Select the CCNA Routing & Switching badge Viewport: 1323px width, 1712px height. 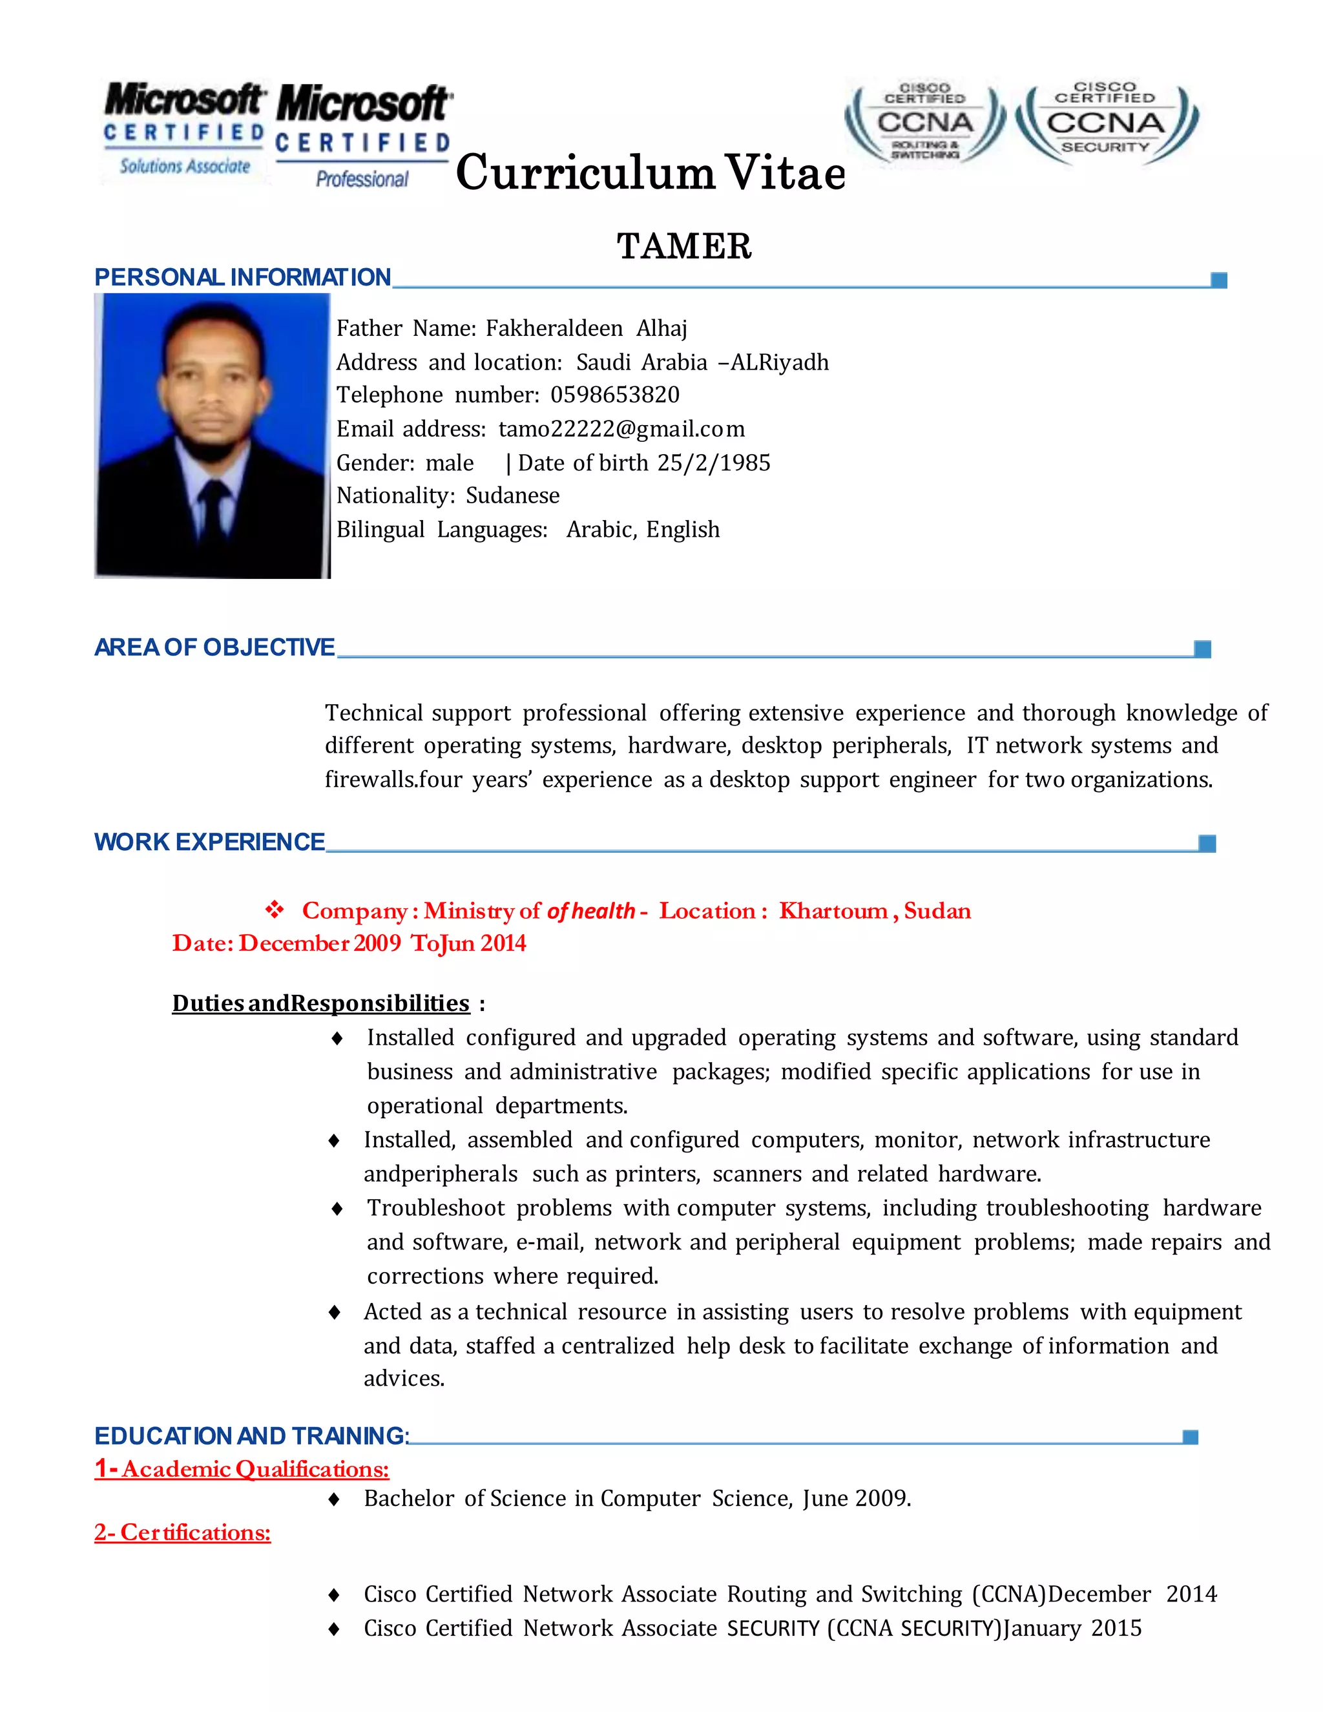click(x=925, y=123)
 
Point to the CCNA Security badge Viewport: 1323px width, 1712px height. click(x=1106, y=123)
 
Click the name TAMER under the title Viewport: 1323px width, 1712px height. click(x=683, y=246)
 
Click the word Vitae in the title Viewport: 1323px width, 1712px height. click(x=784, y=173)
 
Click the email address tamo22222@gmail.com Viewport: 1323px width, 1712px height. click(x=621, y=429)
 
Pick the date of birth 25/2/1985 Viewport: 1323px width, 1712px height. click(x=713, y=463)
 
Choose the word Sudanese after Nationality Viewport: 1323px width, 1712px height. click(x=512, y=496)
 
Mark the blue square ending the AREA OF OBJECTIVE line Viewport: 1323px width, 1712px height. click(x=1202, y=648)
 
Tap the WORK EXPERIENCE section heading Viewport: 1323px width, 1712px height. click(x=209, y=842)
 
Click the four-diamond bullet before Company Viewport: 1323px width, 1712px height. click(x=275, y=910)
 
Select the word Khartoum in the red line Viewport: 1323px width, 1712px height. click(x=833, y=911)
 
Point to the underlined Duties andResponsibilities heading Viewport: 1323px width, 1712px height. click(x=320, y=1003)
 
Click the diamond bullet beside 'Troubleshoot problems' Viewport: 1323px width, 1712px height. click(x=337, y=1209)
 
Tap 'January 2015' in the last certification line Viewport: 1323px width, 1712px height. click(x=1072, y=1628)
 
